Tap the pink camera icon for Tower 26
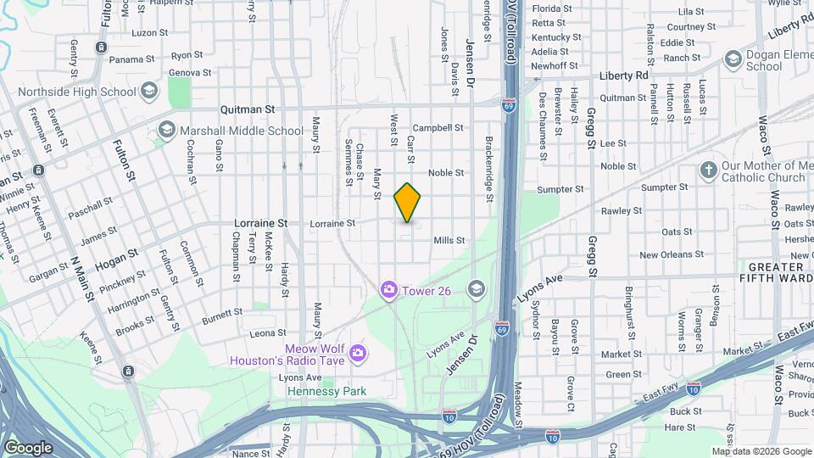click(x=389, y=290)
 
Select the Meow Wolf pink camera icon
click(x=359, y=352)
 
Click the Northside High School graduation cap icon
click(x=149, y=91)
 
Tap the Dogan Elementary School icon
click(x=733, y=59)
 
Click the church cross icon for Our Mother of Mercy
click(x=708, y=170)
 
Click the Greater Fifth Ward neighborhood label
click(x=775, y=271)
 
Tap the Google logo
click(x=28, y=448)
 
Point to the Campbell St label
click(x=438, y=128)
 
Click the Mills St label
click(x=449, y=241)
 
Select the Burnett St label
click(x=223, y=313)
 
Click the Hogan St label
click(x=116, y=256)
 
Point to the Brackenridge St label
click(x=489, y=170)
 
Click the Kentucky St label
click(x=555, y=37)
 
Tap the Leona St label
click(x=268, y=333)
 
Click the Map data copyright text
click(x=761, y=451)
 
